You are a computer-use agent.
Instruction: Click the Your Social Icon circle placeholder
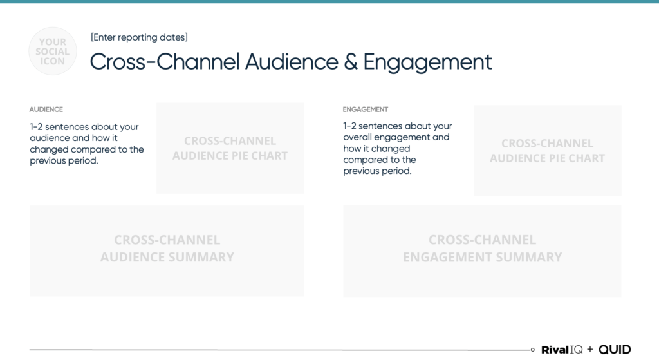53,51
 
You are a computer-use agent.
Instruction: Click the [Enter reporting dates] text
139,37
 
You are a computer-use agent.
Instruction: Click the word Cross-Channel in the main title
165,62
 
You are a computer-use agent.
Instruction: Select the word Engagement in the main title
427,62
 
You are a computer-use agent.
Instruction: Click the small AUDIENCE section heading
46,109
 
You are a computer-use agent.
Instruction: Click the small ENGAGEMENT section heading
366,109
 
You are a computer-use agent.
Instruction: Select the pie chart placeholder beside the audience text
230,148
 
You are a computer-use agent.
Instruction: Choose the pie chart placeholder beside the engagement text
547,151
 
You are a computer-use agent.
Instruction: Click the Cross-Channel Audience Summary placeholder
167,249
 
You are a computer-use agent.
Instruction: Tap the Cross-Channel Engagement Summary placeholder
482,249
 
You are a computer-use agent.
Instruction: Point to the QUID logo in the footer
615,350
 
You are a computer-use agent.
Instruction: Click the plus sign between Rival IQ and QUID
590,350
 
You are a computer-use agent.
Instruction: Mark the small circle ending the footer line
533,350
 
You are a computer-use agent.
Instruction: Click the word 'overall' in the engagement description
359,137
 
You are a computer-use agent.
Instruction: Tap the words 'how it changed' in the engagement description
376,149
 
